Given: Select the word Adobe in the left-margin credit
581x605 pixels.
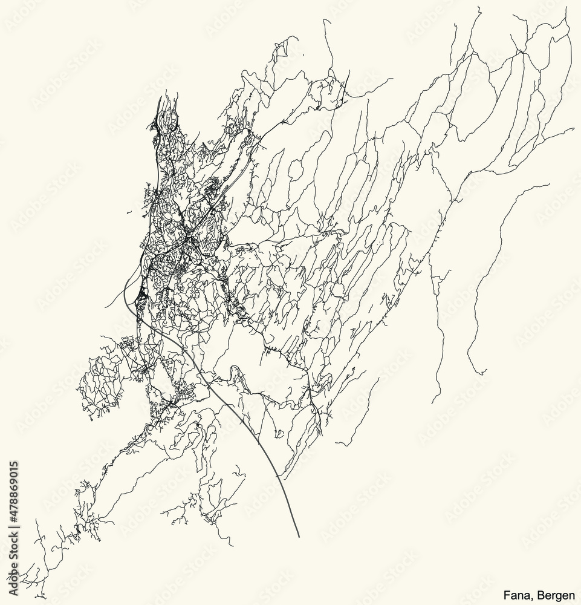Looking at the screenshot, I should (x=14, y=580).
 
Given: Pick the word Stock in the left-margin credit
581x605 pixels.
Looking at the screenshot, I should (x=14, y=548).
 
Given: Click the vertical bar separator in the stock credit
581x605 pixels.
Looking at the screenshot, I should (x=14, y=531).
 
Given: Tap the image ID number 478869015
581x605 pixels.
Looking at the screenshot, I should (x=14, y=489).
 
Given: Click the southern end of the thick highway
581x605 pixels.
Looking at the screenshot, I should (x=299, y=537).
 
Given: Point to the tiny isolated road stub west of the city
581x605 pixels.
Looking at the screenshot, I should (x=129, y=213).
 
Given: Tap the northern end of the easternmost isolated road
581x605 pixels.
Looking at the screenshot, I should (x=549, y=185).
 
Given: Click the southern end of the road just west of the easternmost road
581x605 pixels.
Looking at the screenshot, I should (x=433, y=402).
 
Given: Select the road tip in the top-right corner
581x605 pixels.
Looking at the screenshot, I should (x=566, y=16).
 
